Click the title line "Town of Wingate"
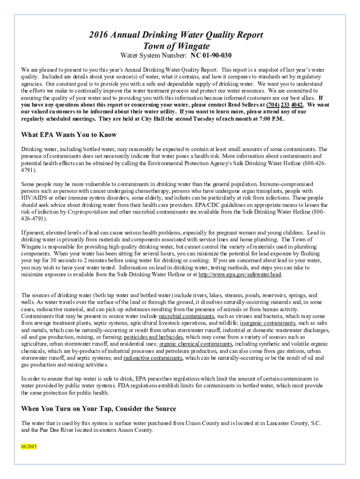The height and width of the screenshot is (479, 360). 180,46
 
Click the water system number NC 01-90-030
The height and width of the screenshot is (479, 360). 211,56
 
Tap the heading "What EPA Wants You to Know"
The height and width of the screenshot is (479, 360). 69,135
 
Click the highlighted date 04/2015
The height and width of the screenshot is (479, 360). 29,446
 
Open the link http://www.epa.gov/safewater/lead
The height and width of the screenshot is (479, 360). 240,275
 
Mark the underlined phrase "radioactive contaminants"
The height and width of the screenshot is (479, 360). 153,358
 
